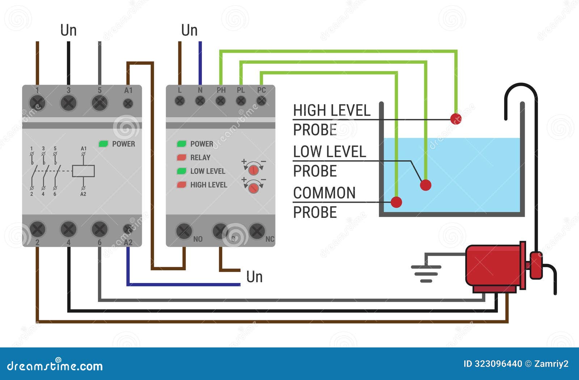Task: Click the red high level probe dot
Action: [x=456, y=118]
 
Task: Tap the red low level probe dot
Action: [x=426, y=185]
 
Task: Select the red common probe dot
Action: [x=396, y=202]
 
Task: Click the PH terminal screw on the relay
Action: [x=221, y=101]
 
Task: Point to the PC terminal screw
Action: [x=261, y=101]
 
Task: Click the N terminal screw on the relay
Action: [x=200, y=101]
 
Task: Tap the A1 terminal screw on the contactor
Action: [x=128, y=104]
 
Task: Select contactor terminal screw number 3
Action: [x=68, y=103]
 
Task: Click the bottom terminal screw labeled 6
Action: [x=100, y=229]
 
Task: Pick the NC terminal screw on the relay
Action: [x=257, y=231]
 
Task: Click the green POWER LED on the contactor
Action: [x=103, y=144]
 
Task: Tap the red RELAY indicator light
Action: [x=181, y=157]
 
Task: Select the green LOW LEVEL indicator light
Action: [x=181, y=171]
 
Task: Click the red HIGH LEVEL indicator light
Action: [x=181, y=185]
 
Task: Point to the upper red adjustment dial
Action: [x=254, y=169]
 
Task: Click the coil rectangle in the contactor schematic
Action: [x=83, y=171]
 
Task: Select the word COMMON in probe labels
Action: [x=324, y=193]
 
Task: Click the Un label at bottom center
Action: [x=254, y=277]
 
